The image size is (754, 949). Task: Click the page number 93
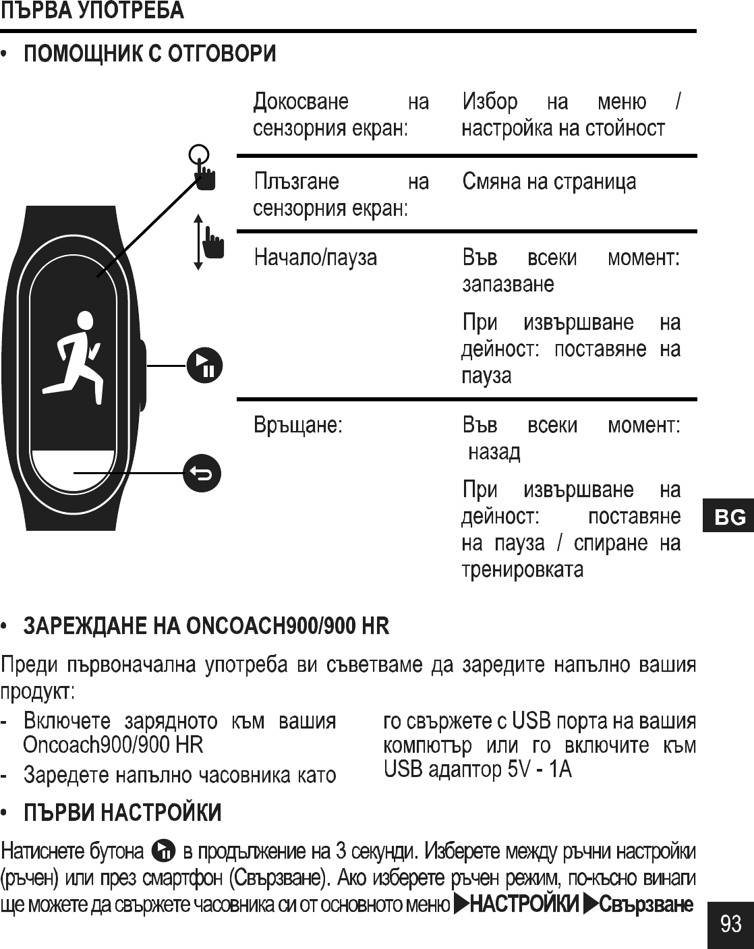pos(730,923)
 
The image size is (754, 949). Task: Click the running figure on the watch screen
pos(76,352)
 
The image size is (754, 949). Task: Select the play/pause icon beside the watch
pos(204,365)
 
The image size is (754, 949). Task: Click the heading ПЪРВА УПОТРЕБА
pos(92,11)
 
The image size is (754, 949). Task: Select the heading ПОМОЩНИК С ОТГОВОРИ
pos(150,54)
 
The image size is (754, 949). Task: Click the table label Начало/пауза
pos(315,258)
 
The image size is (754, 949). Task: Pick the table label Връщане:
pos(298,426)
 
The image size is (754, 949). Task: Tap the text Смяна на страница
pos(549,182)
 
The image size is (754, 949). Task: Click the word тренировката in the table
pos(523,569)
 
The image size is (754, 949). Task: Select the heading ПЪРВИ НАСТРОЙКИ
pos(123,813)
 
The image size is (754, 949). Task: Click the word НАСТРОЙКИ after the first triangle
pos(524,903)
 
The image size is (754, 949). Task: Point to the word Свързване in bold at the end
pos(646,903)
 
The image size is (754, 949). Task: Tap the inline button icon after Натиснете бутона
pos(164,851)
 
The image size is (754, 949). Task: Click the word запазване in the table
pos(508,284)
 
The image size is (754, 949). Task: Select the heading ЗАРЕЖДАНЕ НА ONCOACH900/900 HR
pos(206,626)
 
